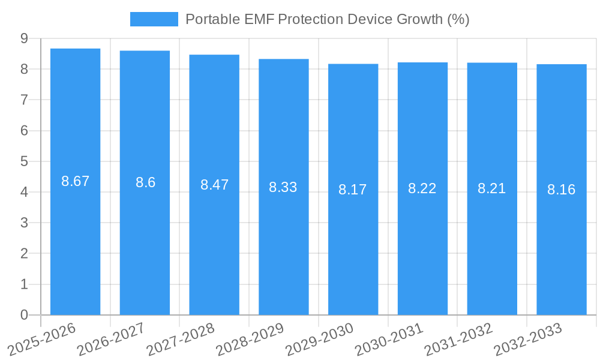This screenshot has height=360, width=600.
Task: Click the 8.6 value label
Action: [145, 183]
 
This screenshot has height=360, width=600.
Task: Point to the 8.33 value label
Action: [283, 187]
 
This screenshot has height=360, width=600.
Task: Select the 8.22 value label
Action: [422, 188]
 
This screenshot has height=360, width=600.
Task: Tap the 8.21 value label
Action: [491, 188]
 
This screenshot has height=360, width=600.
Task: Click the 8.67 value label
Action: [75, 181]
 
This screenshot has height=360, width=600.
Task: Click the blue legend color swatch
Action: [154, 19]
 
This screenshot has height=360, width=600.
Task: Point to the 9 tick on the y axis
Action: [24, 38]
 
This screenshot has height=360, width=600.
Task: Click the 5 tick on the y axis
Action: [24, 161]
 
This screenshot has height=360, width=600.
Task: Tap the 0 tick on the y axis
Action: [24, 315]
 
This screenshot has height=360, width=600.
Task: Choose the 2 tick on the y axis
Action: [24, 254]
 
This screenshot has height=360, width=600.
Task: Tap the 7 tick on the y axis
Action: [24, 100]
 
